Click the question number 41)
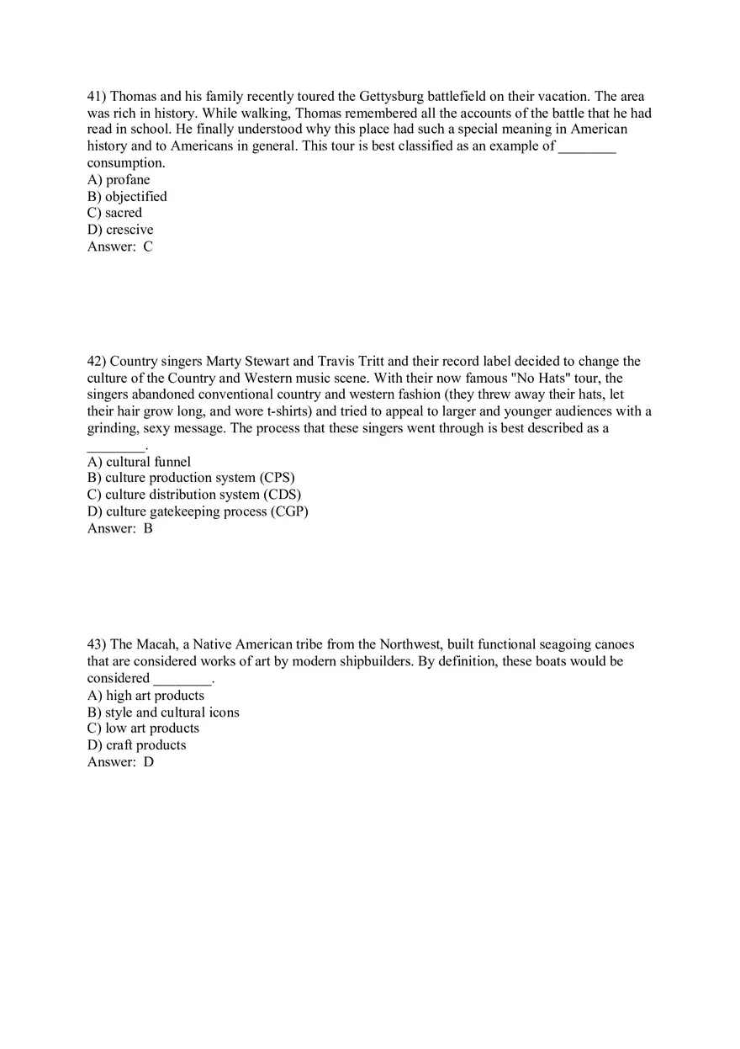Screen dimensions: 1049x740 [97, 97]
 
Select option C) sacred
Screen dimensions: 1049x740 [115, 213]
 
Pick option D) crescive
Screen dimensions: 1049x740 [120, 230]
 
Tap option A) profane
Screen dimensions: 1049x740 [119, 180]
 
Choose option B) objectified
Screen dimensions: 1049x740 [127, 197]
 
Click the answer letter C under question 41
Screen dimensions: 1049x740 [148, 246]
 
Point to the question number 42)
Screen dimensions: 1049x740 [97, 362]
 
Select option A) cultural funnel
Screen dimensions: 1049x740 [139, 462]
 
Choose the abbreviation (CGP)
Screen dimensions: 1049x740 [289, 511]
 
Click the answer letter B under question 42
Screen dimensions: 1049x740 [148, 528]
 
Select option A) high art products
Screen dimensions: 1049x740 [145, 696]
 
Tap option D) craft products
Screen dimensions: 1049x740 [136, 745]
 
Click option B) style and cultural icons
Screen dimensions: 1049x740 [163, 713]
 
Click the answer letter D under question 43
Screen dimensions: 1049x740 [149, 762]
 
